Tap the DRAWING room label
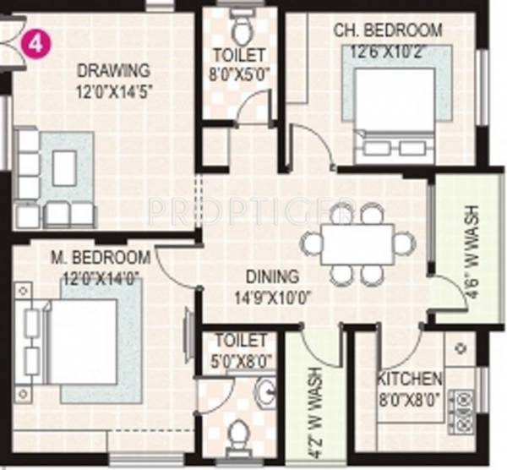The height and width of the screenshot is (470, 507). [x=113, y=70]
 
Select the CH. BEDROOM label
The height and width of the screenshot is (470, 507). [x=388, y=31]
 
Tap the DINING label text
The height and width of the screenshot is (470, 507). [x=272, y=276]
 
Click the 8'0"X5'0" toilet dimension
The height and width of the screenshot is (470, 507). [x=241, y=74]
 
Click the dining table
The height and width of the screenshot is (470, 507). [x=357, y=244]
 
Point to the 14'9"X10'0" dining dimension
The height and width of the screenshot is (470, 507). [x=272, y=295]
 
